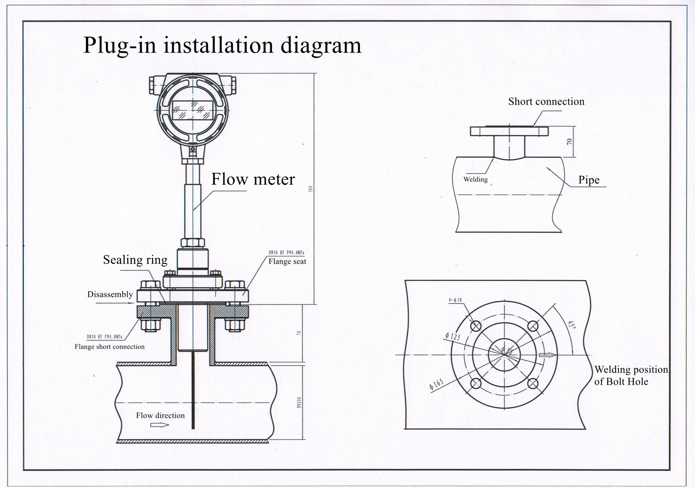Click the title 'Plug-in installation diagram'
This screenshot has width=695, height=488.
point(222,45)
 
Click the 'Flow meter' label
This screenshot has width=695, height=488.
point(253,179)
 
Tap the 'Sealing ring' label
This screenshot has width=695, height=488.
point(135,260)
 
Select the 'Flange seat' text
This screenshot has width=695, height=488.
point(287,262)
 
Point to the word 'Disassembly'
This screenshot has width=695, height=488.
point(110,294)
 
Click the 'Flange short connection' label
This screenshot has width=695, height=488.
point(110,347)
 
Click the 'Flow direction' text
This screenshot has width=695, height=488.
point(160,415)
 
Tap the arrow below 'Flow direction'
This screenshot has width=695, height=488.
point(159,425)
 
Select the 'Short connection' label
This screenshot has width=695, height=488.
point(546,102)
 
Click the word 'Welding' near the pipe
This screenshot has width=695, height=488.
point(475,179)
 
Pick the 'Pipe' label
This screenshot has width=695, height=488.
point(589,180)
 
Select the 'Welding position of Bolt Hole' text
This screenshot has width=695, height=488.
point(631,375)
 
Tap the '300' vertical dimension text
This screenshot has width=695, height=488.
point(310,189)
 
